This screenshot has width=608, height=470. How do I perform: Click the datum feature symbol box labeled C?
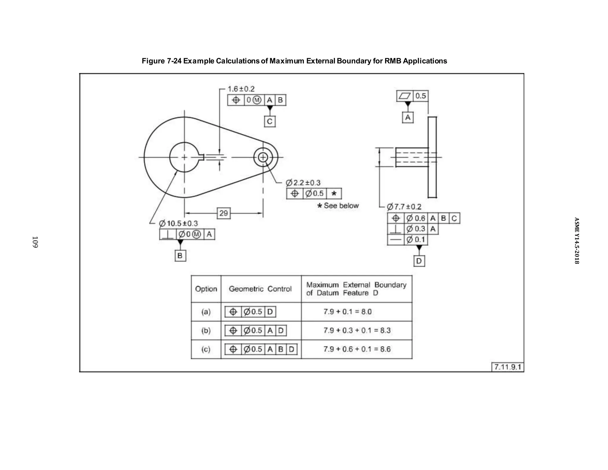coord(270,122)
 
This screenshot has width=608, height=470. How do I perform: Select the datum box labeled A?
coord(408,118)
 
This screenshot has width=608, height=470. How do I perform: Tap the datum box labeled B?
coord(180,256)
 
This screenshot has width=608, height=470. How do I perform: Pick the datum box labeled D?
coord(419,261)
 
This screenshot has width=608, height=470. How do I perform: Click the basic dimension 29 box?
coord(224,213)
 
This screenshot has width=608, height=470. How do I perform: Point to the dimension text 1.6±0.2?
coord(241,89)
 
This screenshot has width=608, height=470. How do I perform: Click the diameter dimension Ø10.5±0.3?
coord(178,223)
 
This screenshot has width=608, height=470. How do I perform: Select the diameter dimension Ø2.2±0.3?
coord(303,183)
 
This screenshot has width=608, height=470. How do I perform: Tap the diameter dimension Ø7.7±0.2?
coord(404,207)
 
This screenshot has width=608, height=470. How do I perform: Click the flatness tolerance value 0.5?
coord(420,96)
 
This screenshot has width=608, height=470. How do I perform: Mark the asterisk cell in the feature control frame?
coord(334,194)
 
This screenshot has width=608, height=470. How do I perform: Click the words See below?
coord(341,206)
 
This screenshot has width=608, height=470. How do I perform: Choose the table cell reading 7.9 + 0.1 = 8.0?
coord(347,312)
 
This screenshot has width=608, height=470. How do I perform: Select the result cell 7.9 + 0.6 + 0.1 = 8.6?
coord(357,349)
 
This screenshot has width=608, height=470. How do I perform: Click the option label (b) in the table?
coord(206,330)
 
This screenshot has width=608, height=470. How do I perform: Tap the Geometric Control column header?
coord(260,289)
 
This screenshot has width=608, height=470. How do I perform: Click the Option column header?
coord(206,289)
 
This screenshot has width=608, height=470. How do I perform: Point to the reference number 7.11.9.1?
coord(507,367)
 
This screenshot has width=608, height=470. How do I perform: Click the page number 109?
coord(35,242)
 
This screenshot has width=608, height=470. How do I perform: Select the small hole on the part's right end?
coord(263,157)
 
